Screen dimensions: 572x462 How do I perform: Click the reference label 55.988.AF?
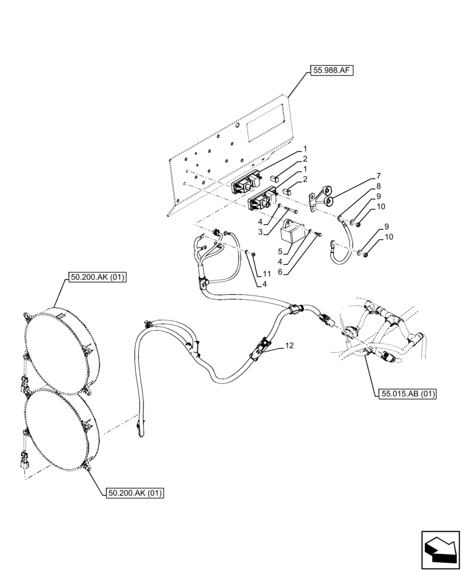tap(332, 71)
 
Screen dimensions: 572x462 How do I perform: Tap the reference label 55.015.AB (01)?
tap(407, 394)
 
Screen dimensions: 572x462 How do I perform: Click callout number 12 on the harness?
tap(289, 346)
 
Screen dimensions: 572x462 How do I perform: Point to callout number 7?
tap(378, 176)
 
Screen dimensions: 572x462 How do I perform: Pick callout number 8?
tap(378, 186)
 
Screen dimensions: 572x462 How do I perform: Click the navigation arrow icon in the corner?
tap(440, 550)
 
